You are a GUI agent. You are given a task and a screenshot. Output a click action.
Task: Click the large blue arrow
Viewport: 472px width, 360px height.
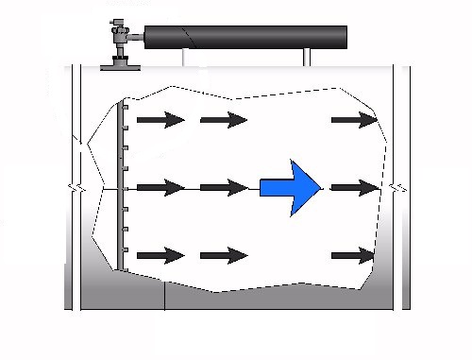pos(294,187)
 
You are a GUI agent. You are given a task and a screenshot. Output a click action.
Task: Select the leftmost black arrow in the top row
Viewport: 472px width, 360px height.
pos(160,120)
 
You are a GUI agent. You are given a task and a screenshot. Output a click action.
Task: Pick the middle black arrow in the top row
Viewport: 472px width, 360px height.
pos(224,120)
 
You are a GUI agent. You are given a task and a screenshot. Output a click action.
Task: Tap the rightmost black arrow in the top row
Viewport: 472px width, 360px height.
pos(354,120)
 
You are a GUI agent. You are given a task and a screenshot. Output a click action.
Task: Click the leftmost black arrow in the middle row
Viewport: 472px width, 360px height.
pos(160,188)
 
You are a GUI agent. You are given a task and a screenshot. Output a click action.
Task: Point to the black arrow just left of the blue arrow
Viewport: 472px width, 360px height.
pos(224,188)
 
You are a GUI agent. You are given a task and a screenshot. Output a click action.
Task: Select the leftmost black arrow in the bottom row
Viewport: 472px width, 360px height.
pos(160,255)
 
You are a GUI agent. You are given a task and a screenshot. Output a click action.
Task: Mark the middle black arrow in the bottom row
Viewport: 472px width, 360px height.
pos(224,255)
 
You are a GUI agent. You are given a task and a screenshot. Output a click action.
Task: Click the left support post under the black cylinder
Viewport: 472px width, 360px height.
pos(185,58)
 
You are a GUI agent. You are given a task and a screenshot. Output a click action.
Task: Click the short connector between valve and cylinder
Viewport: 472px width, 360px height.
pos(137,37)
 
